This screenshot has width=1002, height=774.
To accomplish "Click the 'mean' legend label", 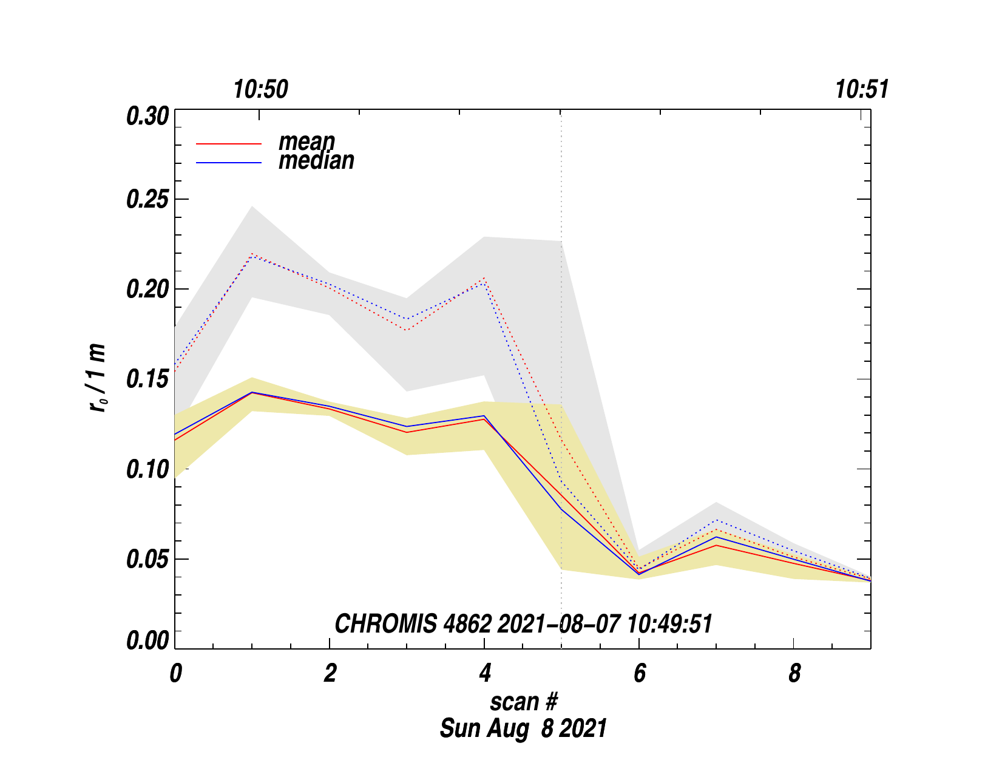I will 306,141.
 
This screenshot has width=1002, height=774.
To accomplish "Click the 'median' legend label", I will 316,161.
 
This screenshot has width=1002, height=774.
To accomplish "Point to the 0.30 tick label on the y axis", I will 147,116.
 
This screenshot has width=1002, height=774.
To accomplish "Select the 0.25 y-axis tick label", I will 147,200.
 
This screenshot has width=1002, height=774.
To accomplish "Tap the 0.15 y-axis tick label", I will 147,380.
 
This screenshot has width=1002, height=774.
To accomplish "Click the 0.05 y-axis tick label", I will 147,560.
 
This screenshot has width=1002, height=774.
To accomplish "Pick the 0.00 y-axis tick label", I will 147,641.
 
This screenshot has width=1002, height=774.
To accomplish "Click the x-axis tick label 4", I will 484,674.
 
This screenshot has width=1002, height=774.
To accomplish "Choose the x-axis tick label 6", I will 639,674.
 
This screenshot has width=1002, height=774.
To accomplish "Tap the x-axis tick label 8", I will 794,674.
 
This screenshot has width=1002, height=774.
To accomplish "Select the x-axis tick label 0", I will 175,674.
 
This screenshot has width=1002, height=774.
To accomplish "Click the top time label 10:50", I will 261,90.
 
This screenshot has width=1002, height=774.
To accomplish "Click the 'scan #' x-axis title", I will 523,702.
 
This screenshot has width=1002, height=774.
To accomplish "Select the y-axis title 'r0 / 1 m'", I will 98,378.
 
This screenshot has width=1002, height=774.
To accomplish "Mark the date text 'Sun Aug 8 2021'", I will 523,728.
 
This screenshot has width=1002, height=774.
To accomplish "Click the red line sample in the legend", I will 229,144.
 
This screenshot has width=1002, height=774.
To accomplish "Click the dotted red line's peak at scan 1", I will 252,254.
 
